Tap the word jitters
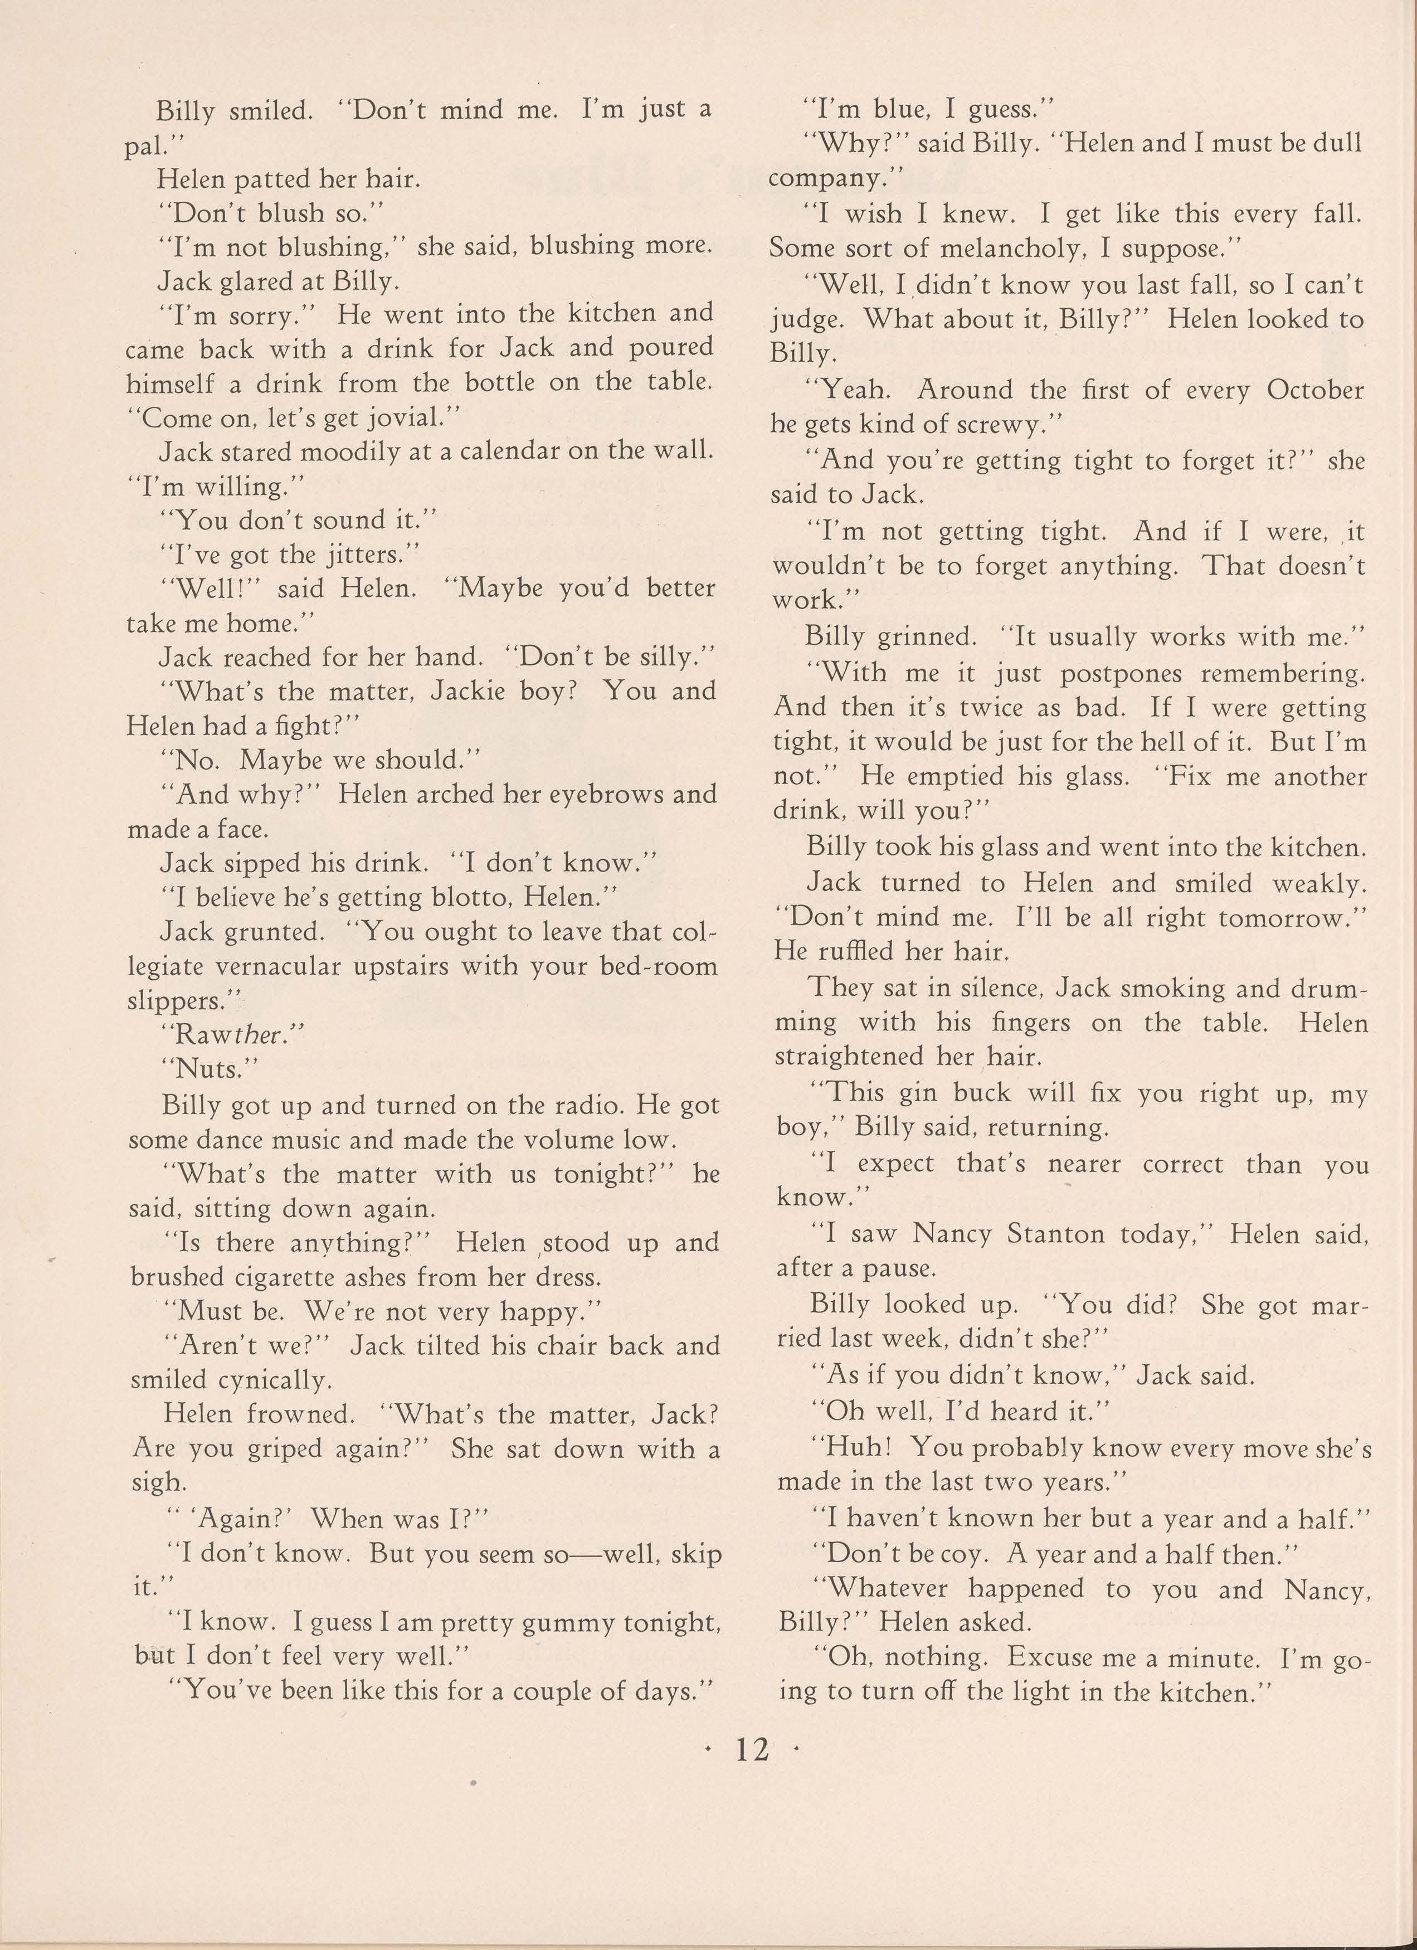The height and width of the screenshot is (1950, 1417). coord(372,555)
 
